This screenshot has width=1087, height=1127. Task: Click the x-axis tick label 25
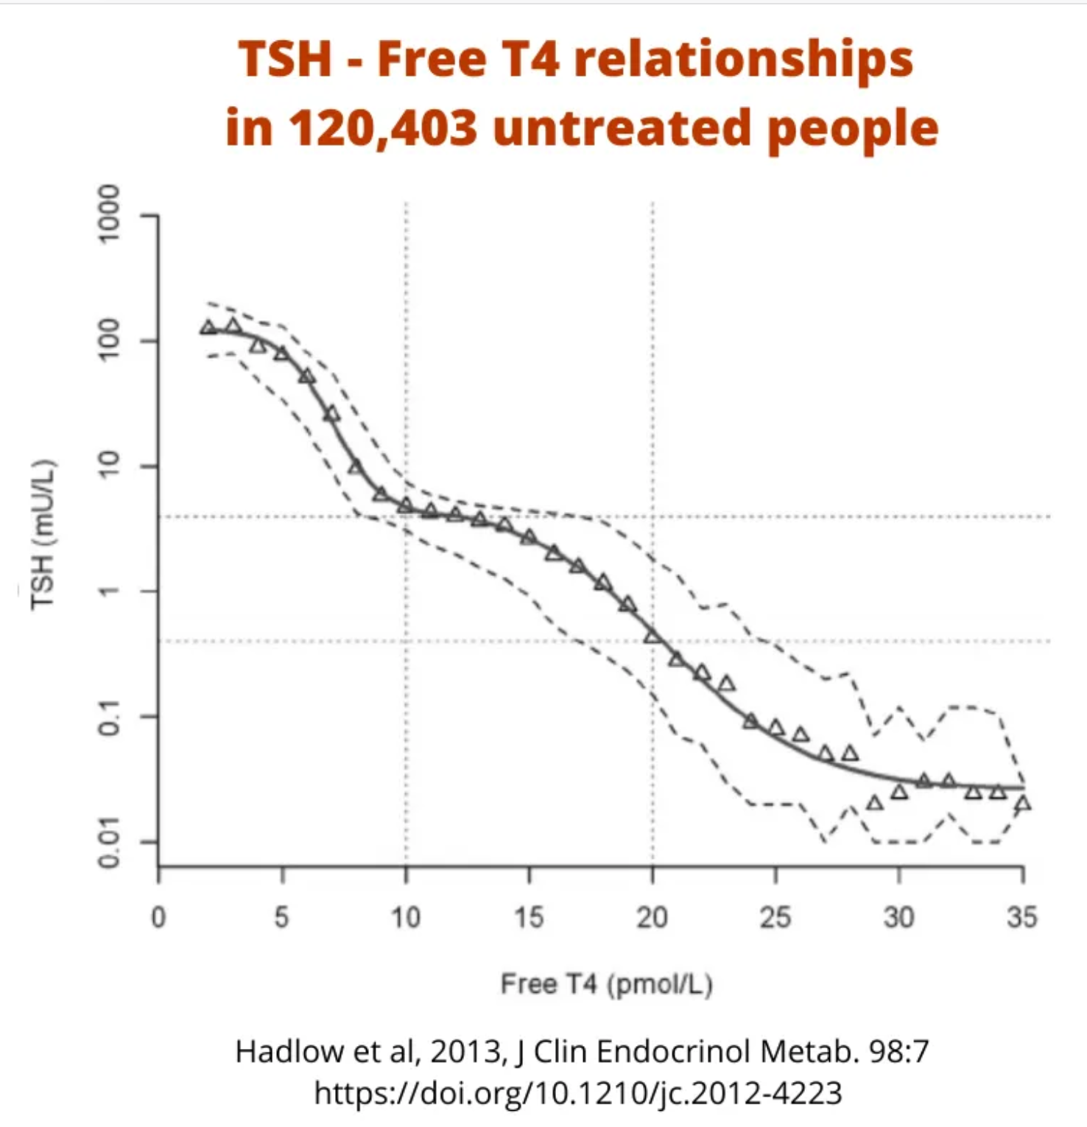(775, 918)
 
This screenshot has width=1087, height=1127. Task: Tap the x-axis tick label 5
(281, 918)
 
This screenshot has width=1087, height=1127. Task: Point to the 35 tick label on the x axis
(1021, 918)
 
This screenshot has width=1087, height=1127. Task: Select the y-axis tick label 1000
(109, 214)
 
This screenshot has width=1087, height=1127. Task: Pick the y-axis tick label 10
(109, 466)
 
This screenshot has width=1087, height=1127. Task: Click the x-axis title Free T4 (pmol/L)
(606, 984)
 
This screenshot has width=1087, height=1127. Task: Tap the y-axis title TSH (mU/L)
(43, 534)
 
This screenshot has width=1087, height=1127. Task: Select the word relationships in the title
(744, 59)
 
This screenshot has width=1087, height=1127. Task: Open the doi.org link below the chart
(578, 1092)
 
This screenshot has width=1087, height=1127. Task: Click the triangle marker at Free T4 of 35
(1022, 804)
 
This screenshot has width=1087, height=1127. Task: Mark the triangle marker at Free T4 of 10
(406, 505)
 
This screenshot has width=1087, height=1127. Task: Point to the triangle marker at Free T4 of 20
(652, 636)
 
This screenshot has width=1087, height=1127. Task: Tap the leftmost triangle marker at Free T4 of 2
(208, 327)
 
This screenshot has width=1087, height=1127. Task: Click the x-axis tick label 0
(158, 918)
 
